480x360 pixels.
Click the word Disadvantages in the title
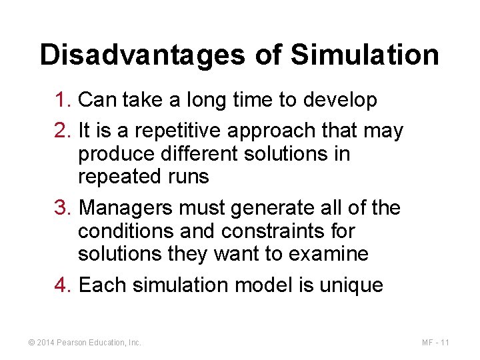click(x=141, y=55)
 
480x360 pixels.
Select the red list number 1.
click(x=63, y=100)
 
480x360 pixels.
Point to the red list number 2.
click(x=63, y=131)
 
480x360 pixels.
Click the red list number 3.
click(x=63, y=208)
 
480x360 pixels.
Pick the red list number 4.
click(x=63, y=285)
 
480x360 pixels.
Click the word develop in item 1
click(x=340, y=101)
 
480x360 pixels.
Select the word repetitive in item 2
click(x=170, y=131)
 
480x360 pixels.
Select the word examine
click(x=329, y=254)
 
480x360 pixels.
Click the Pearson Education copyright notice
click(x=85, y=343)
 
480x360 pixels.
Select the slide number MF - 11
click(x=435, y=343)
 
